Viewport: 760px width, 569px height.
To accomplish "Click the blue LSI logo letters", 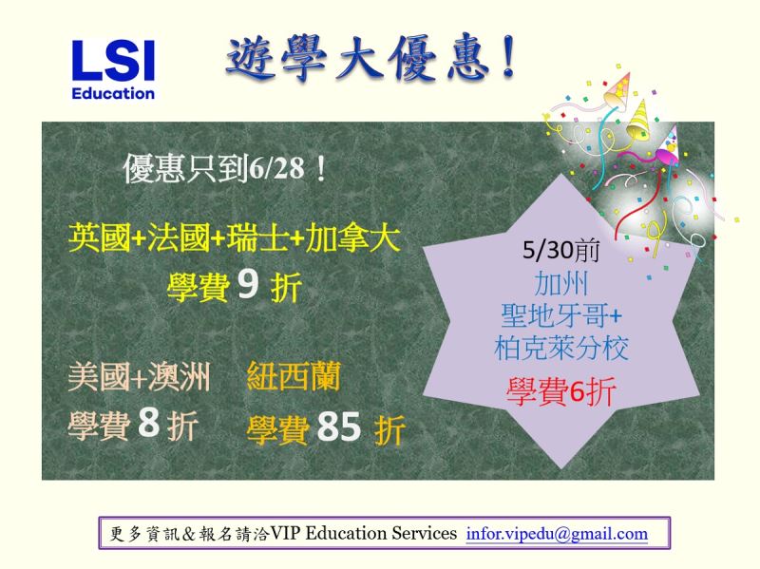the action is [113, 60].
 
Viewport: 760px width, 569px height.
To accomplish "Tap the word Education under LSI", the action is [113, 93].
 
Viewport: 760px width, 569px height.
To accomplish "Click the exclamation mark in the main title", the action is [508, 57].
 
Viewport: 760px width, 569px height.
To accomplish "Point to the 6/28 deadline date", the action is [276, 168].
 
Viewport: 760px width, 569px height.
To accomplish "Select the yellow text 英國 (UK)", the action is [100, 237].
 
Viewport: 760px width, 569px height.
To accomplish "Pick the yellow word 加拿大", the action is [352, 237].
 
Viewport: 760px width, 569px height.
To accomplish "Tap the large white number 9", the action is [248, 285].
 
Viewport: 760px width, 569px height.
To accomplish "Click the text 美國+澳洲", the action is [139, 376].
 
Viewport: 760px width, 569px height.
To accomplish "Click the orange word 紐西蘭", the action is [294, 376].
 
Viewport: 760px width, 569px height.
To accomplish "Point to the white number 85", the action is [339, 427].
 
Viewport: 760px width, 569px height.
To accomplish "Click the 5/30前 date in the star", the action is [560, 250].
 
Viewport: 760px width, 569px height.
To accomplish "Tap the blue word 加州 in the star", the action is [560, 283].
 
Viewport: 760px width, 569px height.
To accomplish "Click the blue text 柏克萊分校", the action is [561, 348].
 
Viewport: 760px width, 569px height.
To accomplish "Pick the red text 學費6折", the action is [560, 390].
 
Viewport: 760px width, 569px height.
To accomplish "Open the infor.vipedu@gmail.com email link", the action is [557, 534].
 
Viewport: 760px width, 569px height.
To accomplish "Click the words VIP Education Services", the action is [364, 533].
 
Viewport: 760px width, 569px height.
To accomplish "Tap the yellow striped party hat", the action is [638, 121].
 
